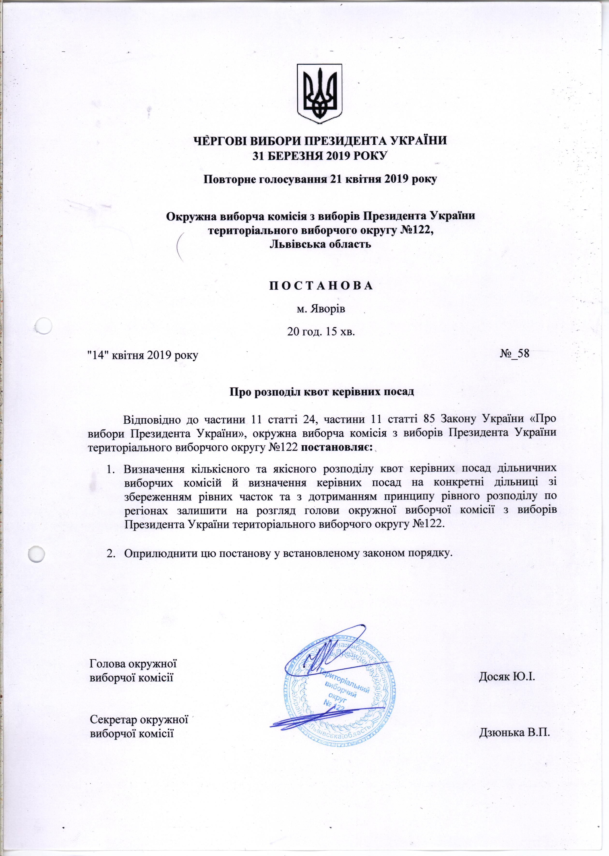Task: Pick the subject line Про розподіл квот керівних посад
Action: point(321,392)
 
